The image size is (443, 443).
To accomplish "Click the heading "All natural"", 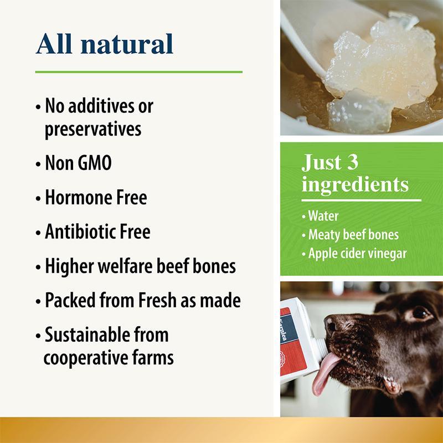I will click(105, 44).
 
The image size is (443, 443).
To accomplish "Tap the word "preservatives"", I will click(92, 129).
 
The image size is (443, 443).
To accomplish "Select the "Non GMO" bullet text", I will click(78, 163).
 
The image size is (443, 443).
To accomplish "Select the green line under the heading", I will click(138, 71).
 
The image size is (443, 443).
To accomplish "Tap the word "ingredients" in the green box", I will click(355, 184).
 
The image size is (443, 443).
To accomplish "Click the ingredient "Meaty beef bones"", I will click(353, 234).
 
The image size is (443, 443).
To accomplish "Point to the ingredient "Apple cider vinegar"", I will click(358, 254).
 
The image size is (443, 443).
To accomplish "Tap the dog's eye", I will click(420, 313).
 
